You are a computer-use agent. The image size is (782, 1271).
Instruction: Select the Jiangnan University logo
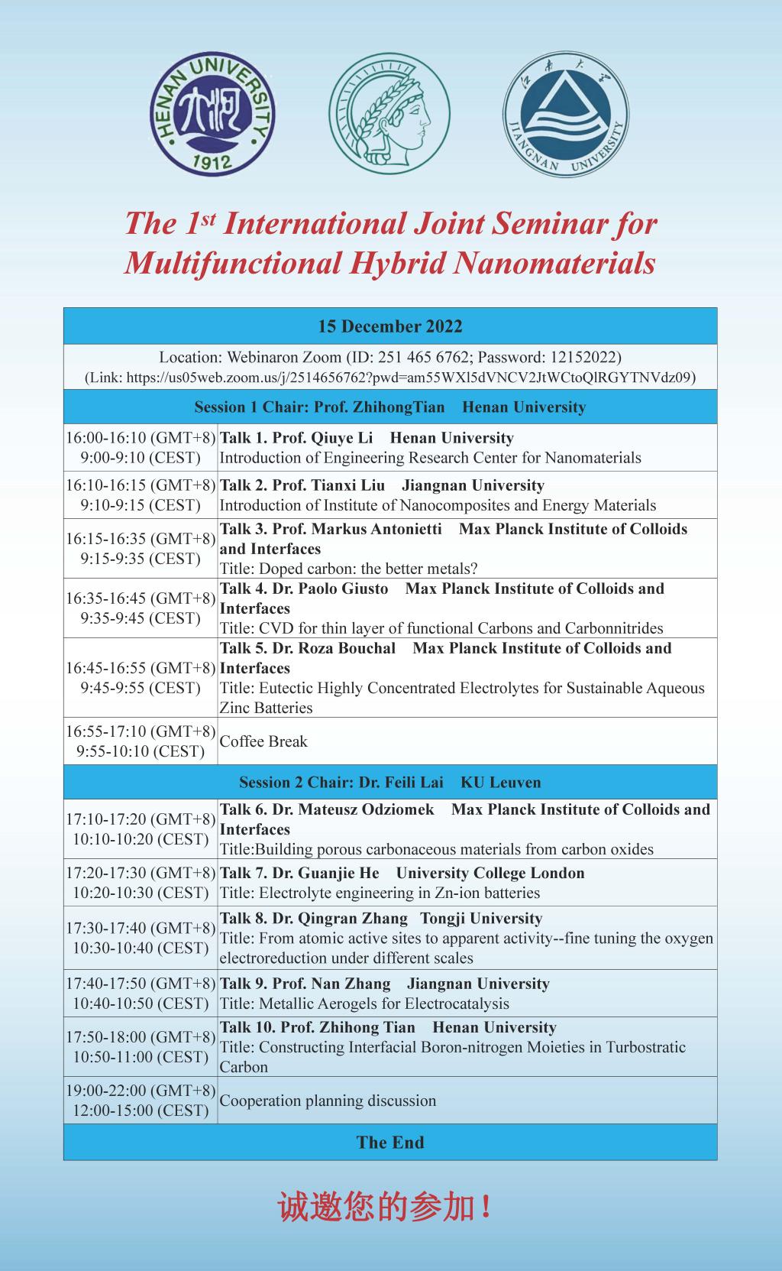click(566, 115)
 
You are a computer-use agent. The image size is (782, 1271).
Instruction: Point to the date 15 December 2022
click(390, 326)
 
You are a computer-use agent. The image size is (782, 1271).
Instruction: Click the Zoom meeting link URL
click(390, 378)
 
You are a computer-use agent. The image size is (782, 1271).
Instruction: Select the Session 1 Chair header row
click(390, 407)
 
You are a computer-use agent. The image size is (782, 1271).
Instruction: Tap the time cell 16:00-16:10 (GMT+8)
click(141, 438)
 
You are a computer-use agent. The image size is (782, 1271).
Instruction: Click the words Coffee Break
click(263, 741)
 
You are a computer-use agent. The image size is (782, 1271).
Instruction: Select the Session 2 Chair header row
click(390, 783)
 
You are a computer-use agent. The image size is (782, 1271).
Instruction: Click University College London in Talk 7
click(490, 873)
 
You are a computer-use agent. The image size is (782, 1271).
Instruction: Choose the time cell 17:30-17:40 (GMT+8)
click(141, 928)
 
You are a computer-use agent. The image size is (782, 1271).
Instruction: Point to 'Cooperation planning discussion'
click(328, 1101)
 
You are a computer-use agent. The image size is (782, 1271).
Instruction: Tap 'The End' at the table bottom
click(390, 1143)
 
